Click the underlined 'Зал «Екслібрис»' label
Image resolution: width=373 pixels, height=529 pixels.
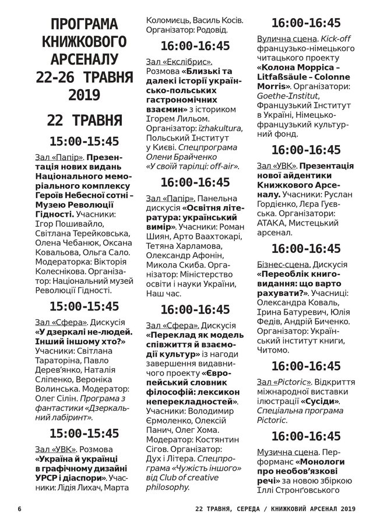coord(179,61)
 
